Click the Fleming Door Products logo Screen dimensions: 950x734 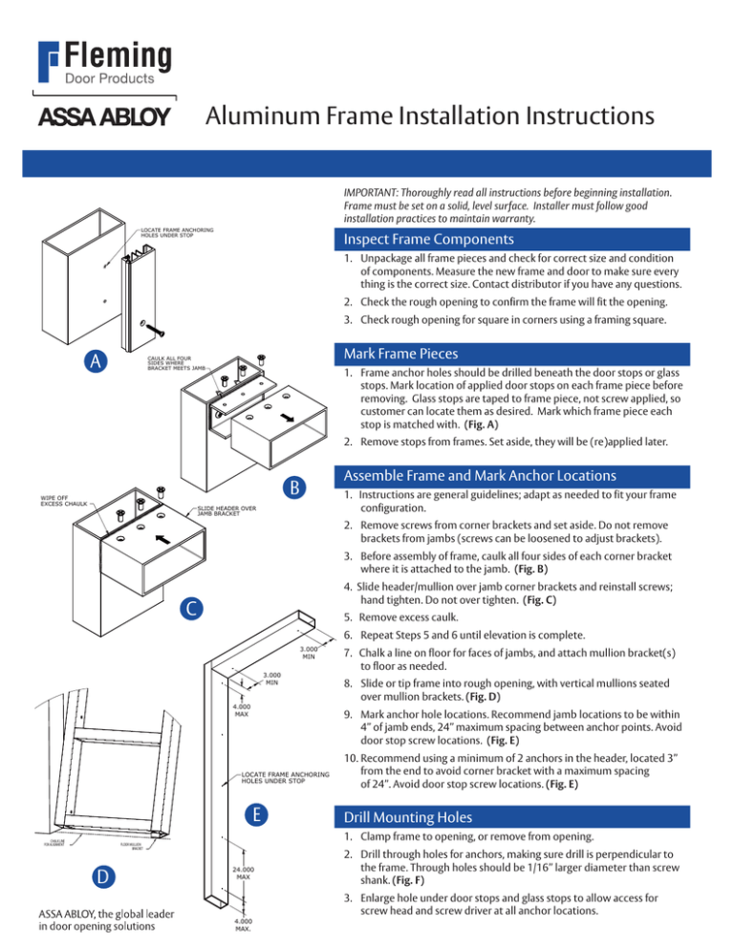click(104, 64)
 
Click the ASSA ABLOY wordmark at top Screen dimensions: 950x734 click(103, 118)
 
